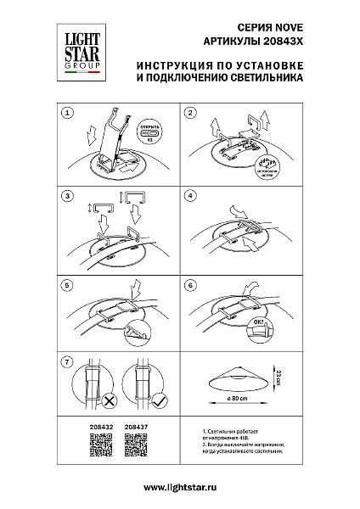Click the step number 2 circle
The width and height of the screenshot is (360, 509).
click(x=191, y=112)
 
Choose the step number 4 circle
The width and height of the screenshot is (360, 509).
click(x=191, y=196)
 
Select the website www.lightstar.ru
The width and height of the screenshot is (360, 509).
click(x=180, y=488)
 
